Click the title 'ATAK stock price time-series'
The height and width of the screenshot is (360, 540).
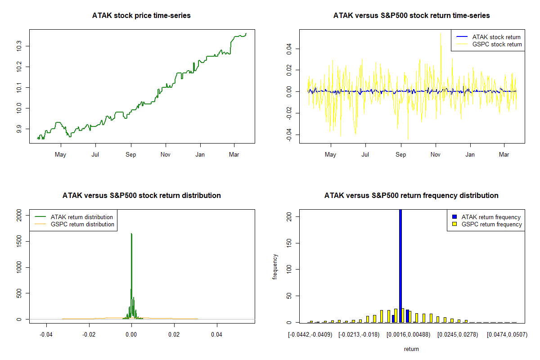click(141, 16)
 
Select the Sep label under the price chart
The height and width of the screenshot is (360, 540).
click(130, 155)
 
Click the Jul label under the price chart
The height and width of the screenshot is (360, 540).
click(95, 155)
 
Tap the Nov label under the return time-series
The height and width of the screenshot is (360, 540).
click(435, 155)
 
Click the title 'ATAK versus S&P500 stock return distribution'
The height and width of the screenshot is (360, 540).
click(141, 196)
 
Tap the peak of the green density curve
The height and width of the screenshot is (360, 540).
click(131, 234)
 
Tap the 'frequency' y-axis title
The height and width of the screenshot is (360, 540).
click(275, 266)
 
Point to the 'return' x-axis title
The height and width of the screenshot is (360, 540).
click(411, 349)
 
